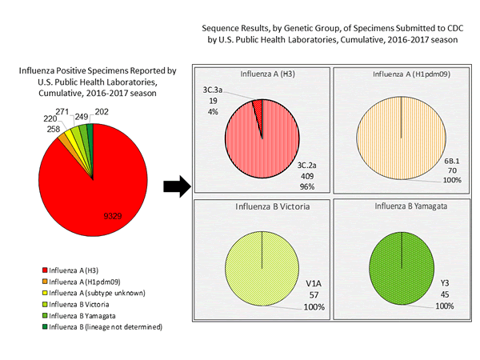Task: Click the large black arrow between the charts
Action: click(x=177, y=187)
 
